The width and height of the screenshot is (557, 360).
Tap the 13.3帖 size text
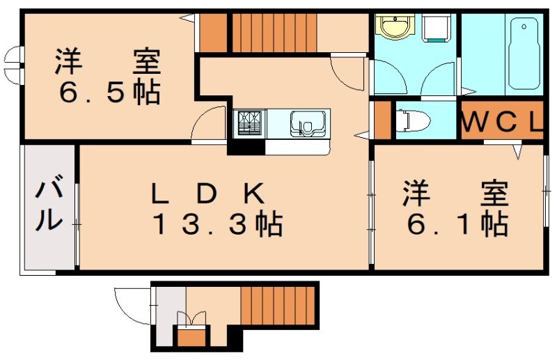tap(217, 224)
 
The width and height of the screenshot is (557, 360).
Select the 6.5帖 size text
tap(108, 92)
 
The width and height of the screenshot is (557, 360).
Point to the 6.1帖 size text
tap(456, 224)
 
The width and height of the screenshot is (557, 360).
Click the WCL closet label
tap(500, 123)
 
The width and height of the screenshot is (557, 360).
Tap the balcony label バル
tap(49, 205)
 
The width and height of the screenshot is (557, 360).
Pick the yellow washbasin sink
tap(393, 28)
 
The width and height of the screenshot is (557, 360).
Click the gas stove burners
tap(249, 123)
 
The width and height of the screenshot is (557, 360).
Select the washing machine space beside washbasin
tap(437, 28)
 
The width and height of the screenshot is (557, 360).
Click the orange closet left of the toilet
tap(382, 121)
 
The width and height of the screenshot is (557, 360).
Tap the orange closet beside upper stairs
tap(214, 32)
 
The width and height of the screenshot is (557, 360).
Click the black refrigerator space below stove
tap(246, 147)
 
